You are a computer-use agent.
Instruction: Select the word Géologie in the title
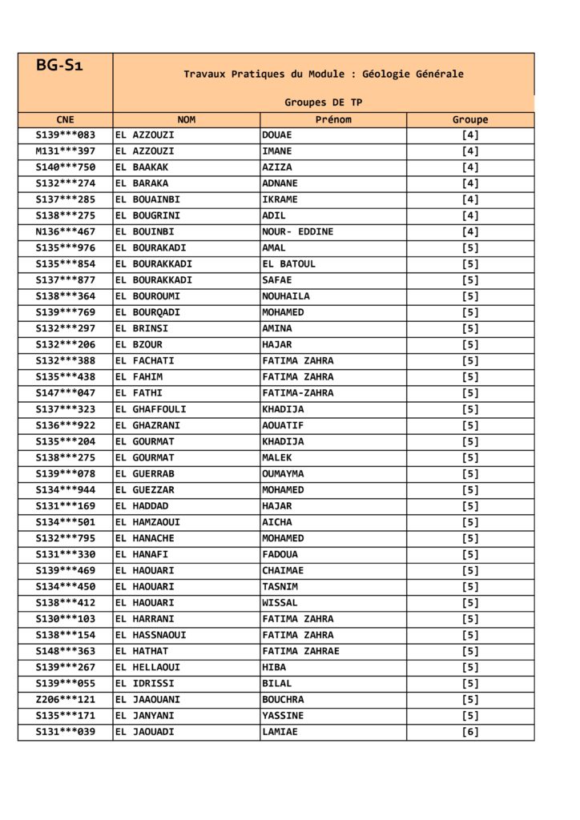(387, 74)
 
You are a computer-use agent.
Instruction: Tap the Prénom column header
(333, 119)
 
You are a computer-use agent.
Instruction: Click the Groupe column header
(470, 119)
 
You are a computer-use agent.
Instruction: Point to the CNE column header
(65, 119)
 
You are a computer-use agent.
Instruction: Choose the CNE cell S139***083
(65, 135)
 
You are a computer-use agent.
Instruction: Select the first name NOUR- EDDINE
(297, 232)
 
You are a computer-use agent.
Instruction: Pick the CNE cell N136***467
(65, 232)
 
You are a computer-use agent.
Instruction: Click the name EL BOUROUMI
(147, 296)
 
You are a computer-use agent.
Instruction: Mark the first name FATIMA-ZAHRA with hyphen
(297, 393)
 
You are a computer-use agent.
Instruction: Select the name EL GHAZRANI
(147, 425)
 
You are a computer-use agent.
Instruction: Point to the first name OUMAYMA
(283, 474)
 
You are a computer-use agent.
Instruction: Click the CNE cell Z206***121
(65, 700)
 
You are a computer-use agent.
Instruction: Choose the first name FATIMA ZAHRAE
(300, 651)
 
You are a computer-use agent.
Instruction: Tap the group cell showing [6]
(470, 732)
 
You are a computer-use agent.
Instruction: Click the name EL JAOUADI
(144, 732)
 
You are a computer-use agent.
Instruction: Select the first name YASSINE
(283, 716)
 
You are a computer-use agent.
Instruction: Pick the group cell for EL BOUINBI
(470, 232)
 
